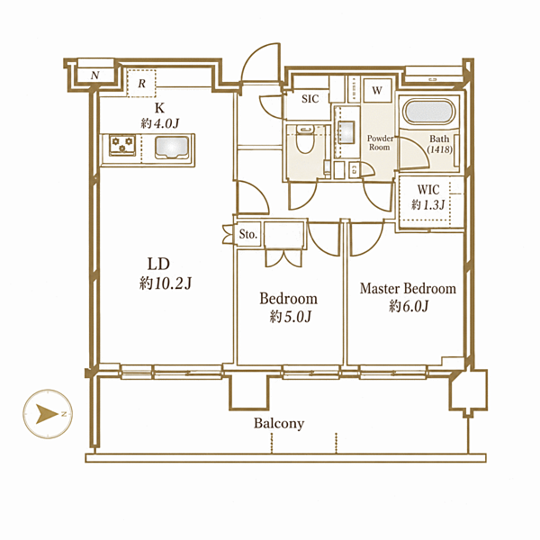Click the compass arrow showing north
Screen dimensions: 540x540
pos(47,414)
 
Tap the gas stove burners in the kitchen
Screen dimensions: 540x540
pos(122,145)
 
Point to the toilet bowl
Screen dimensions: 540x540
pos(305,140)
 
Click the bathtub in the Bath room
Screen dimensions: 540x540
pos(429,112)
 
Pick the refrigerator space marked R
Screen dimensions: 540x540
pos(141,83)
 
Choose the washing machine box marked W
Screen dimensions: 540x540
pos(377,90)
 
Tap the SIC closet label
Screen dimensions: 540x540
pos(310,99)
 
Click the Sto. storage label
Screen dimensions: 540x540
pos(248,235)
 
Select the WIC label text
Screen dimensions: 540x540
pos(428,189)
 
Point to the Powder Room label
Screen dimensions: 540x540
pos(380,142)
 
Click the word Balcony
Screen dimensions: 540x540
pos(279,423)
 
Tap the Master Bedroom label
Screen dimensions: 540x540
pos(408,288)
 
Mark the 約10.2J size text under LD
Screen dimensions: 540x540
pos(166,283)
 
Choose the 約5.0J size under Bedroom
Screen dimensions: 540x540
pos(291,317)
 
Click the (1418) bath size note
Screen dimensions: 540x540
pos(440,149)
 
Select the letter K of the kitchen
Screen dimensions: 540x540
pos(159,108)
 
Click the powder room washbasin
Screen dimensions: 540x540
pos(346,132)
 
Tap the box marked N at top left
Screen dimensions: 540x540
pos(95,75)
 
